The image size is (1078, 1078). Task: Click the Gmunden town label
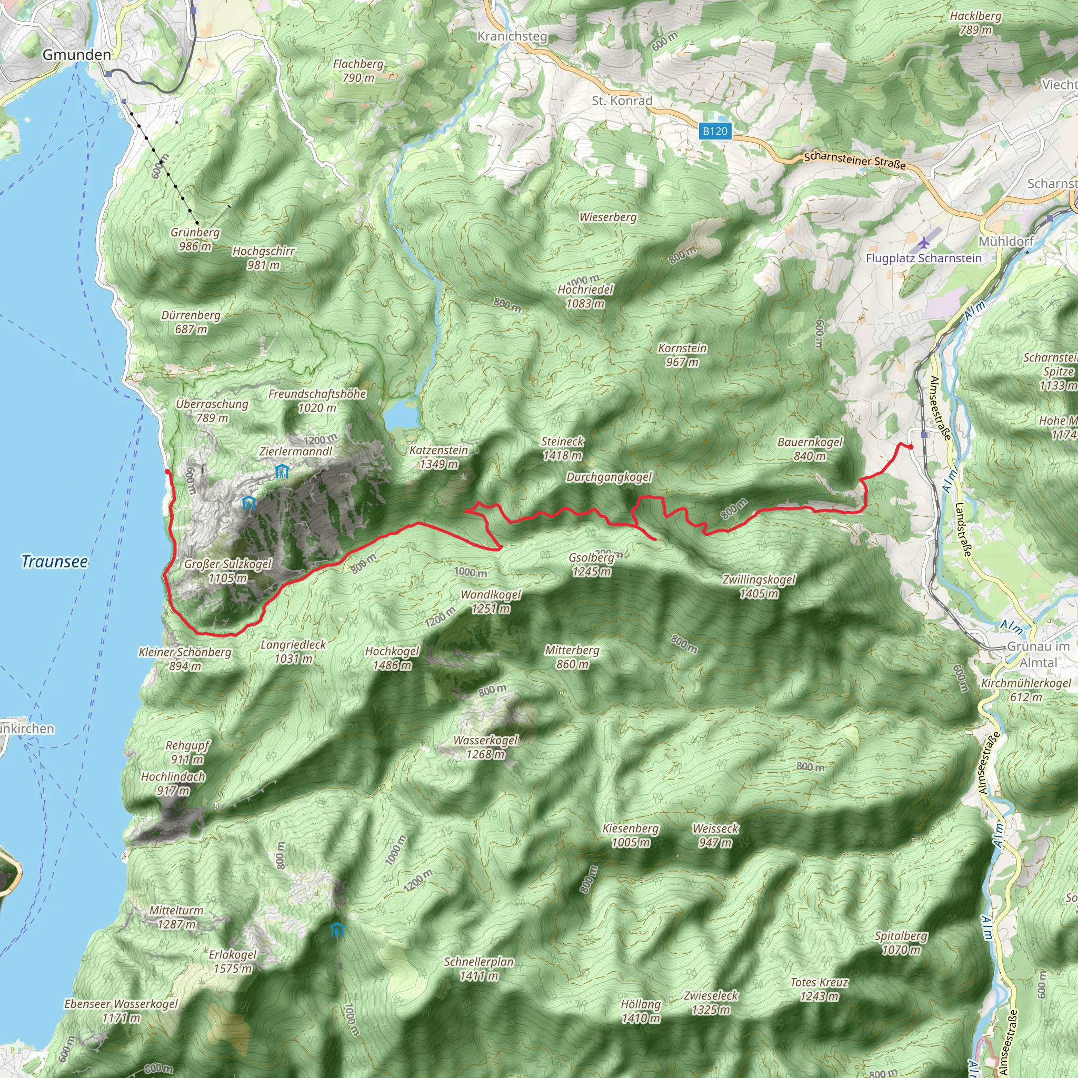point(76,55)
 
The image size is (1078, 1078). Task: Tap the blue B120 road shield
point(715,131)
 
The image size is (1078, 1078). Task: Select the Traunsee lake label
point(54,561)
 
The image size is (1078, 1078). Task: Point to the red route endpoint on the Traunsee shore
point(167,472)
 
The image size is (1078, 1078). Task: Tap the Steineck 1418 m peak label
point(563,448)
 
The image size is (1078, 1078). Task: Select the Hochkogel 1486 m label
point(392,658)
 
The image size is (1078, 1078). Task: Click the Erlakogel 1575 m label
point(233,961)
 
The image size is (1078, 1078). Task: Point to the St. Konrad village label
point(622,101)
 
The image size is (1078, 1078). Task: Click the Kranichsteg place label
point(512,36)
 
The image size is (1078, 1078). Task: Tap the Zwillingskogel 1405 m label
point(759,586)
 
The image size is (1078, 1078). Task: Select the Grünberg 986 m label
point(195,239)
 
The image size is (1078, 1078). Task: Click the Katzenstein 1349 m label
point(438,457)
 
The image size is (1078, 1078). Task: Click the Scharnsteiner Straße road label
point(855,161)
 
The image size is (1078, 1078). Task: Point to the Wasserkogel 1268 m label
point(485,747)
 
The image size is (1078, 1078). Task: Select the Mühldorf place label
point(1006,241)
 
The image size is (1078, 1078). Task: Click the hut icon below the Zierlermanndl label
point(282,472)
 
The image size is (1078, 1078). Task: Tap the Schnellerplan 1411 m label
point(479,969)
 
